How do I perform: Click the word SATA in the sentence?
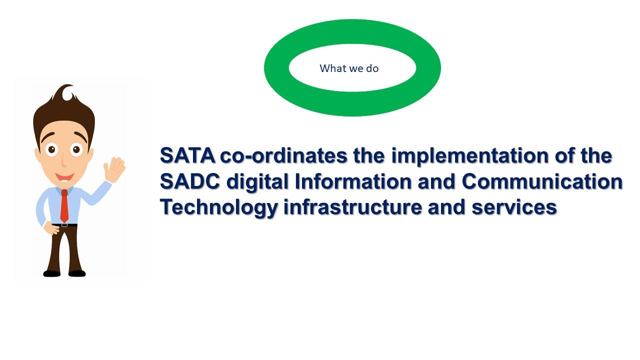[187, 155]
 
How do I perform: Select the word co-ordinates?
[283, 155]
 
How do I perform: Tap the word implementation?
[469, 156]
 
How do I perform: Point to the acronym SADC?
[190, 181]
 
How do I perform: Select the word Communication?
[542, 181]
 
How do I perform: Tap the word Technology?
[219, 207]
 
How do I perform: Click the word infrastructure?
[352, 207]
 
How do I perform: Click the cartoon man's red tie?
[64, 205]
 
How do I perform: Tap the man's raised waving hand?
[114, 169]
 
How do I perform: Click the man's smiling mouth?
[64, 177]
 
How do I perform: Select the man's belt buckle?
[64, 225]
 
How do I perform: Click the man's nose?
[64, 161]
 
